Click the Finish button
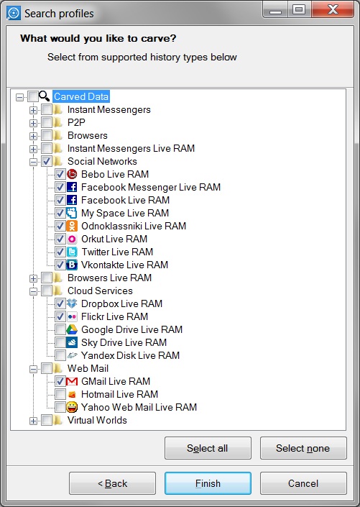point(208,483)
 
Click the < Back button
point(112,483)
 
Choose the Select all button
point(208,448)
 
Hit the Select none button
point(303,448)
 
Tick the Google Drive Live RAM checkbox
point(60,329)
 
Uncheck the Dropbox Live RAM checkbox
point(60,303)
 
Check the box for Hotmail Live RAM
point(60,394)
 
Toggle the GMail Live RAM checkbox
point(60,381)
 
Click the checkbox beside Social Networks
point(47,161)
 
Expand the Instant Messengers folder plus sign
point(33,110)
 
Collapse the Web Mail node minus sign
point(33,369)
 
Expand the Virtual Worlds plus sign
point(33,421)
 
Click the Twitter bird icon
point(72,252)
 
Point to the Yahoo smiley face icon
point(72,407)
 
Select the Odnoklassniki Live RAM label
point(134,226)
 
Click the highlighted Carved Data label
point(81,96)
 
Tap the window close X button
point(333,9)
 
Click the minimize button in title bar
point(275,9)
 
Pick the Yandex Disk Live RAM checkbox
point(60,355)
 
